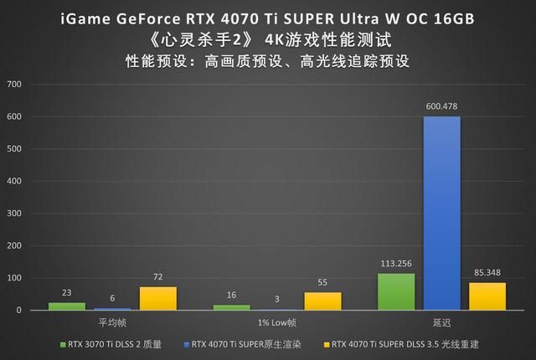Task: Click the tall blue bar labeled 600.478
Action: pos(441,213)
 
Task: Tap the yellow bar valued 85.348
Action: pos(487,296)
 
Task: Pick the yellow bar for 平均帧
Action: pos(158,299)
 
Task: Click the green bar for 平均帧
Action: pos(67,306)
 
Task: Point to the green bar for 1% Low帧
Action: pos(232,307)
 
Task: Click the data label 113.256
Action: pos(396,264)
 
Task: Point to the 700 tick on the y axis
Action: pos(15,85)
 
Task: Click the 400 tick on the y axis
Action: pos(15,181)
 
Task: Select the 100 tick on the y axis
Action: pos(15,278)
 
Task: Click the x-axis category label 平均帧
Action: pos(113,322)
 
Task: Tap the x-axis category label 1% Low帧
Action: pos(277,322)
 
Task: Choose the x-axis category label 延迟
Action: pos(441,322)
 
